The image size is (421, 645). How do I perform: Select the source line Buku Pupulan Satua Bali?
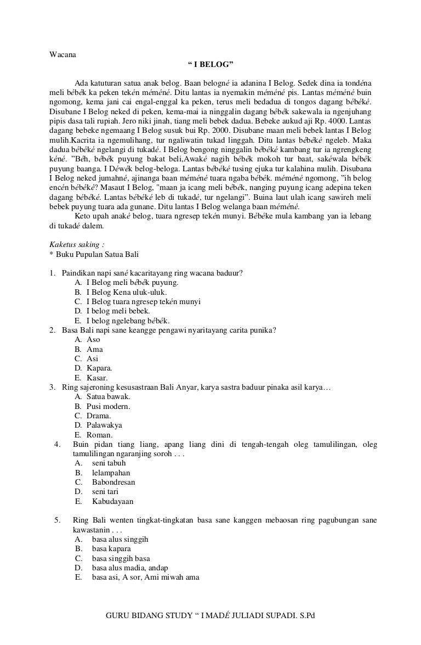tap(96, 254)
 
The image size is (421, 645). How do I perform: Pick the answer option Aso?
tap(93, 339)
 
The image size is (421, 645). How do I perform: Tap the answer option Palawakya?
tap(105, 425)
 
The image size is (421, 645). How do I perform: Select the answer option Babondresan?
tap(113, 482)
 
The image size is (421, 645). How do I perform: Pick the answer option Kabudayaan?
tap(112, 501)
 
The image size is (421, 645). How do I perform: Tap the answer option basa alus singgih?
tap(120, 539)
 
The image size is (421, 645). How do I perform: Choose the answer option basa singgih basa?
tap(121, 558)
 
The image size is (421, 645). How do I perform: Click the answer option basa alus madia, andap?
tap(130, 568)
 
